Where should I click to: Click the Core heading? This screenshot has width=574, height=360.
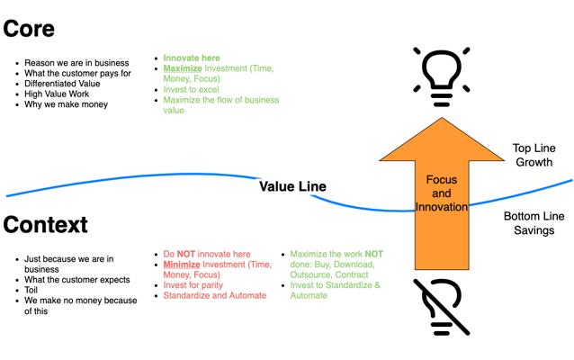(29, 28)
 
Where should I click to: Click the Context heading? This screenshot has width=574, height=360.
(45, 223)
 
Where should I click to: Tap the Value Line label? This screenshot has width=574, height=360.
(292, 186)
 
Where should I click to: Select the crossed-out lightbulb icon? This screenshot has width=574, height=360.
(442, 306)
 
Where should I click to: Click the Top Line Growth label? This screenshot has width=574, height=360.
(533, 155)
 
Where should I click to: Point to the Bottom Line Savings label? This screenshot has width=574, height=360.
(534, 224)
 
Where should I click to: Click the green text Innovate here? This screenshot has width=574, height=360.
(192, 58)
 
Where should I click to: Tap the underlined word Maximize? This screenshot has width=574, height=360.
(181, 68)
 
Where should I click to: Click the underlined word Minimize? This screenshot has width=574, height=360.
(180, 265)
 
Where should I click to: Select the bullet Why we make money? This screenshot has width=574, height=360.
(67, 104)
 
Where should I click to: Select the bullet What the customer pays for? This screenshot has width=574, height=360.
(80, 72)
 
